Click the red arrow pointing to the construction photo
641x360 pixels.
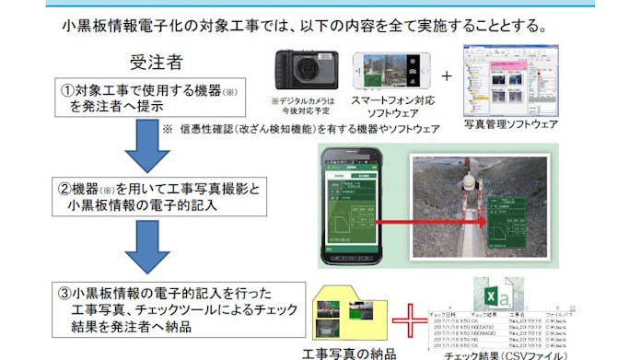tap(438, 221)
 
